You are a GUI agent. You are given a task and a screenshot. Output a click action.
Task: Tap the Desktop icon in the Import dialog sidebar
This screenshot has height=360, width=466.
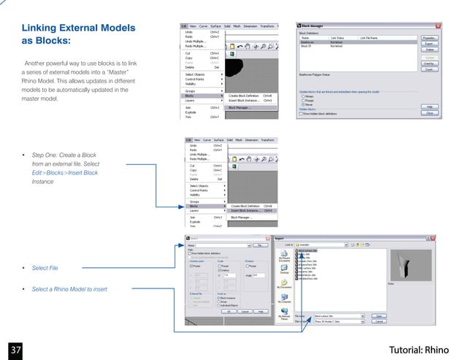click(x=285, y=271)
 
